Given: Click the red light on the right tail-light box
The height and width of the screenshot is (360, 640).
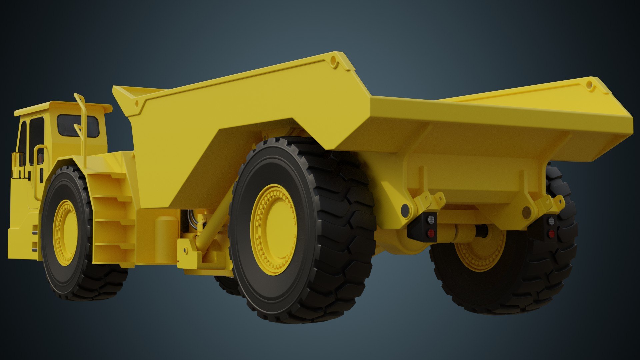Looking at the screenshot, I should point(552,234).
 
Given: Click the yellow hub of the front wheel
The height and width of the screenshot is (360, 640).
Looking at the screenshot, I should point(65,232).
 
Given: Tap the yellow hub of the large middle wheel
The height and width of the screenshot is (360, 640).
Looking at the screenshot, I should point(273,229).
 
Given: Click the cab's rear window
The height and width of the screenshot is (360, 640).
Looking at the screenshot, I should point(78,126).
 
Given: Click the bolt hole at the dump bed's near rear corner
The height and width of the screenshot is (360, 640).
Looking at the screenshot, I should point(333,61).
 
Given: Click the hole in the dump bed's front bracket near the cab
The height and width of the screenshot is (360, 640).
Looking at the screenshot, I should point(137,103).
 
